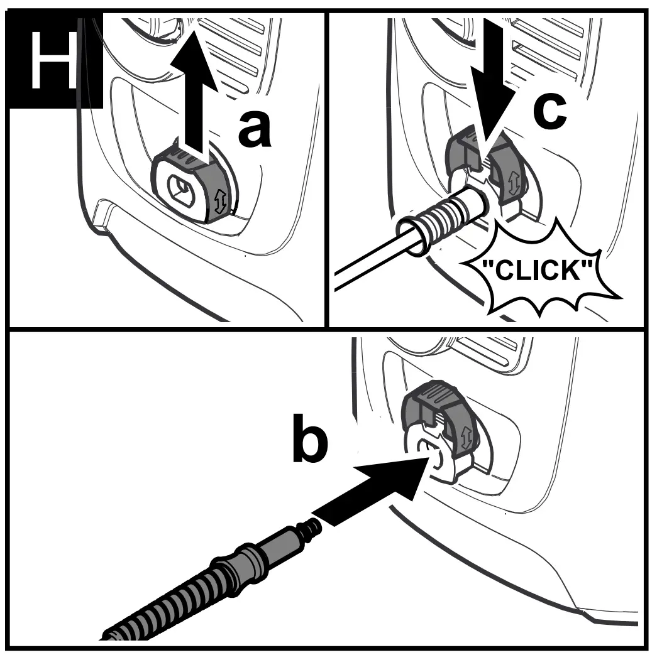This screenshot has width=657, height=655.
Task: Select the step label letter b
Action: tap(309, 441)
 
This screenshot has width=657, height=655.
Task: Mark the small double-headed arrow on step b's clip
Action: tap(466, 437)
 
